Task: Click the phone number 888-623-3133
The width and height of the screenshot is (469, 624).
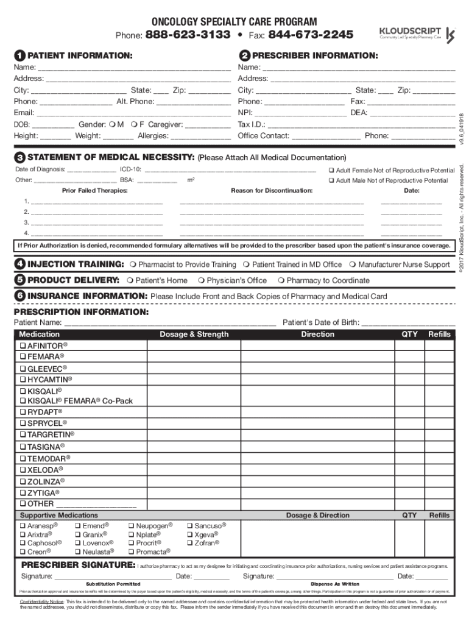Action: click(188, 34)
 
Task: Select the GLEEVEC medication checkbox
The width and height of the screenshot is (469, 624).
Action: click(23, 369)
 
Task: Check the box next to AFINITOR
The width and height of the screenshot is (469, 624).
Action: click(23, 346)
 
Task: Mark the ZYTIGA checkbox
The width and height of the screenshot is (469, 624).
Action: click(23, 492)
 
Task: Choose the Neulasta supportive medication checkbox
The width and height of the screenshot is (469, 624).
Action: click(77, 551)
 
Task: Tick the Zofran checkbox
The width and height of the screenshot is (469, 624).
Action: click(190, 543)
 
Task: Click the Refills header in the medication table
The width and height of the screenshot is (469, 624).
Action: click(439, 334)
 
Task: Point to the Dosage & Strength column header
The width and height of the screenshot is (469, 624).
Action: click(194, 334)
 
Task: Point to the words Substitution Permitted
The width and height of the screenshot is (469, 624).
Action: click(113, 584)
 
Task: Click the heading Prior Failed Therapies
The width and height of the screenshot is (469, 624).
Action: click(94, 191)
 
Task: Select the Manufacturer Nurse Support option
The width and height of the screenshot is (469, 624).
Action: click(353, 265)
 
